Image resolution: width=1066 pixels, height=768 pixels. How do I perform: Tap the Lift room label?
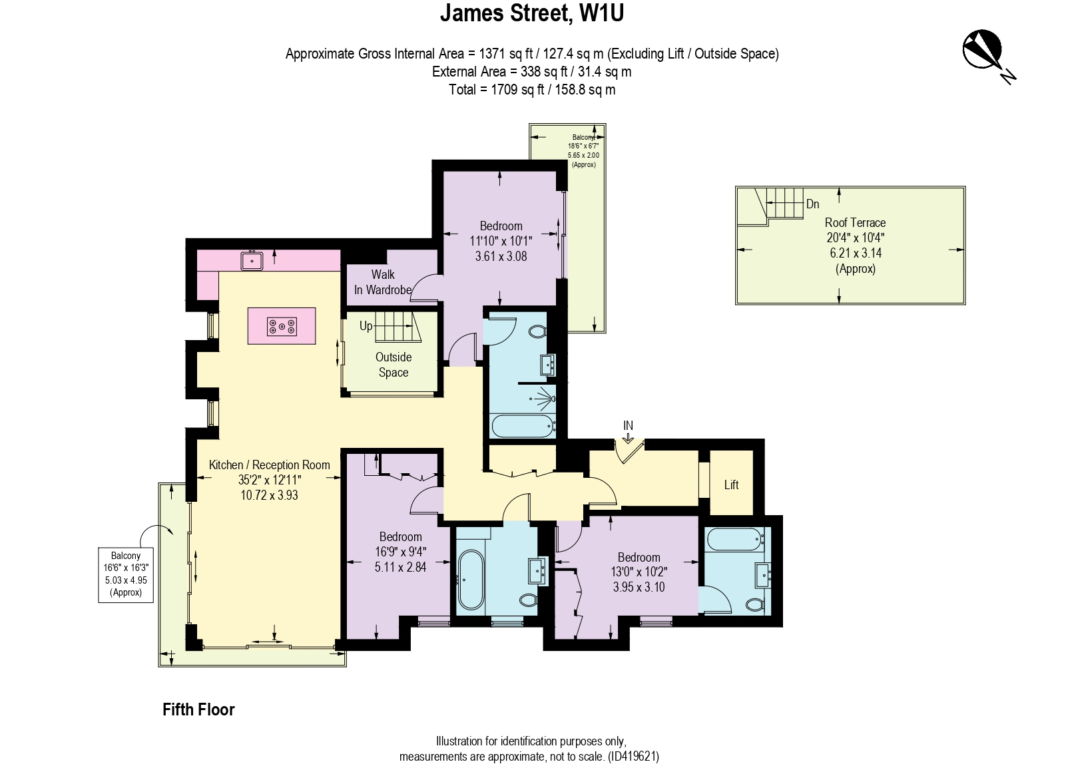coord(731,484)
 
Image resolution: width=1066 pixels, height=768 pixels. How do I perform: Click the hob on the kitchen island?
coord(282,326)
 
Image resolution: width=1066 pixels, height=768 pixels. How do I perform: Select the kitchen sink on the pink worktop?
coord(252,260)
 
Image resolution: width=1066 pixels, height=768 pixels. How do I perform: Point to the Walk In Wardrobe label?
coord(383,282)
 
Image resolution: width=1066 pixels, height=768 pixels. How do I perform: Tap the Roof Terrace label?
coord(855,222)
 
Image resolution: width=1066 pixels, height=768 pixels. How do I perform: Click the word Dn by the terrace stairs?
coord(812,204)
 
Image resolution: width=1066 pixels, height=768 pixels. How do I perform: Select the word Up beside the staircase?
coord(366,326)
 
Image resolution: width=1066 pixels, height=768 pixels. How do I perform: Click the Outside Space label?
coord(394,365)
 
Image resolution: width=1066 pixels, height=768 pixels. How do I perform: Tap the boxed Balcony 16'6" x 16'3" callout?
coord(126,574)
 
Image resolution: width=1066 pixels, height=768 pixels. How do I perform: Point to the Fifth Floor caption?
coord(198,709)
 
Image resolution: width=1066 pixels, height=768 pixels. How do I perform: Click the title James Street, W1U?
coord(531,13)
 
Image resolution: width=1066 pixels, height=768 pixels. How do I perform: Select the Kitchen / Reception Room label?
coord(269,465)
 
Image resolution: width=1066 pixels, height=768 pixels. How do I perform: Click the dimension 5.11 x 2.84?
coord(400,567)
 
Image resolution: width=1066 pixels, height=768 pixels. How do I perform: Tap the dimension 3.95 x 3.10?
coord(639,587)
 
